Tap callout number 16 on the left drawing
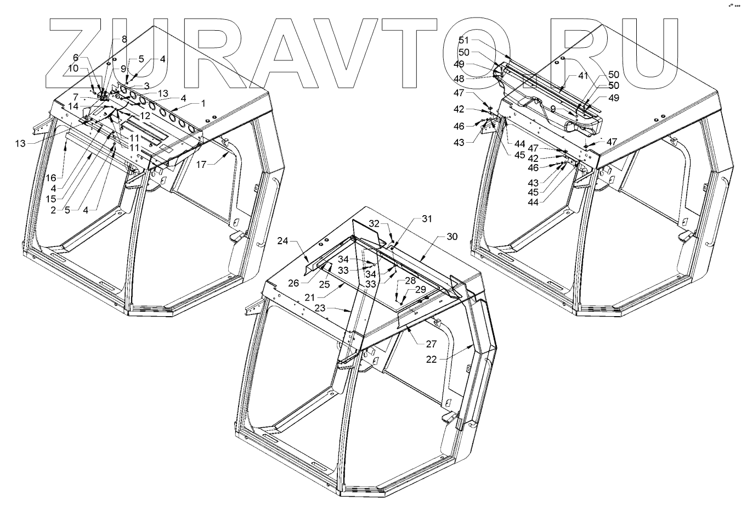point(50,178)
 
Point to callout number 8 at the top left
point(124,39)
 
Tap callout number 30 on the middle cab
point(452,237)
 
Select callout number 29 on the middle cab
point(421,289)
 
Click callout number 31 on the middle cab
point(427,218)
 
